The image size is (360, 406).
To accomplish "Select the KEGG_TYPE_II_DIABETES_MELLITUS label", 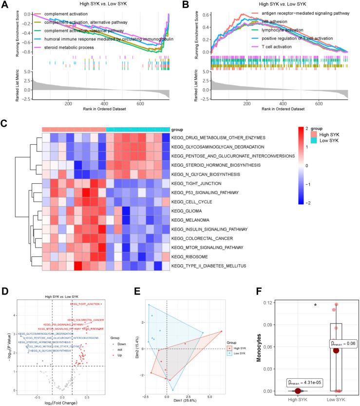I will tap(211, 265).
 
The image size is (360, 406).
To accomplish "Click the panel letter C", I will tap(5, 124).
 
